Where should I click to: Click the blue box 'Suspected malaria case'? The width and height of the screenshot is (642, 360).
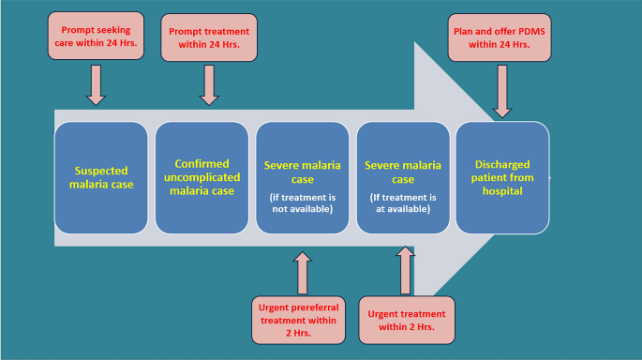point(101,178)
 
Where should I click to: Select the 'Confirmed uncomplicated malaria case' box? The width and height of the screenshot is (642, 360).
point(202,178)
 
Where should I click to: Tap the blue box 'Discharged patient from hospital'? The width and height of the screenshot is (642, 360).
point(502,178)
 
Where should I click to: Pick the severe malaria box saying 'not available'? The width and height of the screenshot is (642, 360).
point(303,178)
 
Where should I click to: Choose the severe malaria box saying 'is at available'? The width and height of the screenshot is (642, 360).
point(403,178)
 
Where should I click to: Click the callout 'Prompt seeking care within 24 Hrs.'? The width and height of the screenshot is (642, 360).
point(96,37)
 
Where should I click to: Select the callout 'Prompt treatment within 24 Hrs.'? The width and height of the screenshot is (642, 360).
point(208,37)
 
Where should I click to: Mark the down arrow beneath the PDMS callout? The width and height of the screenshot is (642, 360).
point(502,97)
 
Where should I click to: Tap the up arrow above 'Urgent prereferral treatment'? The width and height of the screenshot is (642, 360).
point(303,271)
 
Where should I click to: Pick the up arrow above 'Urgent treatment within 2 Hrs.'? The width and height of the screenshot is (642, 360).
point(405,271)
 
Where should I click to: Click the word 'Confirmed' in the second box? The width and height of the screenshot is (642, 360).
point(202,163)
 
